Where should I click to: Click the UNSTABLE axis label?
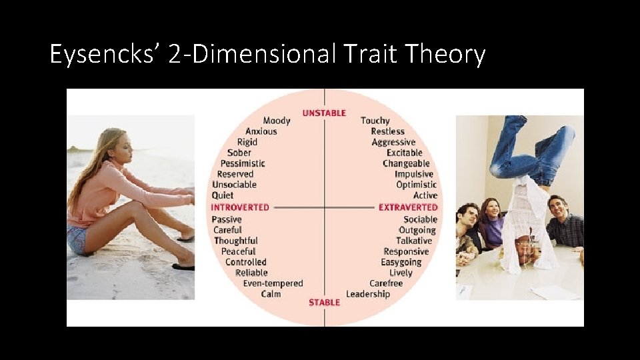[324, 113]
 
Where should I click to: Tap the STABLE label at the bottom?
[324, 302]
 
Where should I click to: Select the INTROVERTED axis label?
[240, 207]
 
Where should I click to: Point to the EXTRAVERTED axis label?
[408, 207]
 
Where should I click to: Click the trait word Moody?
[277, 121]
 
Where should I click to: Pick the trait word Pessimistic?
[243, 163]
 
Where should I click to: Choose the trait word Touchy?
[375, 121]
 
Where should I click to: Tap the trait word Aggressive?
[393, 142]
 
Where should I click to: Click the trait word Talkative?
[414, 241]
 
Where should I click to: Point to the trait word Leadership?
[368, 294]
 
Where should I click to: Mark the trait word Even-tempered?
[273, 283]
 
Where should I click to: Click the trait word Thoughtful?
[236, 241]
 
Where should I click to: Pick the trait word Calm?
[271, 294]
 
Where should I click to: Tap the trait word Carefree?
[386, 283]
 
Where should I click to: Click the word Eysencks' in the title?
[105, 54]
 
